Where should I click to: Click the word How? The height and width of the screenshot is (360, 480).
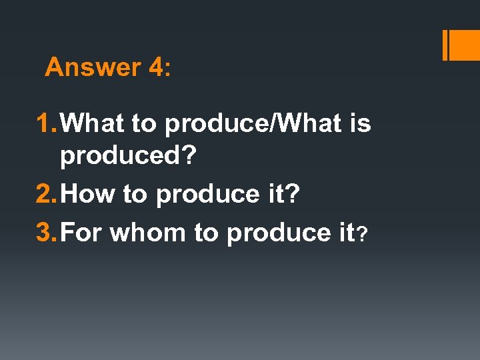tap(91, 194)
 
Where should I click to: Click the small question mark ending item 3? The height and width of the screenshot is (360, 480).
tap(362, 235)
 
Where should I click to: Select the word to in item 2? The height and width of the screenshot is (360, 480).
tap(134, 195)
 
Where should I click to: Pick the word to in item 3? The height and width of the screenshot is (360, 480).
tap(204, 233)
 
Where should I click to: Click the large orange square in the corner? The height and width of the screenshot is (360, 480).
tap(466, 46)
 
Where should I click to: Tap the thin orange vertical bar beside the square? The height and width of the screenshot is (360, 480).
tap(445, 46)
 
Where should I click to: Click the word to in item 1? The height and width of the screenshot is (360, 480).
tap(143, 124)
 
